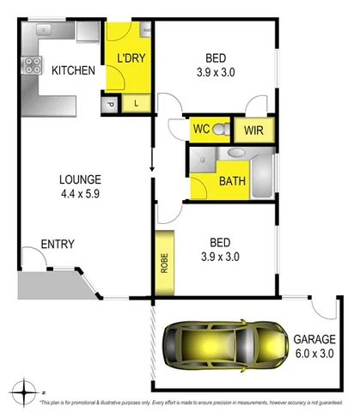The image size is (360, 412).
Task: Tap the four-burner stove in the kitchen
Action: coord(35,64)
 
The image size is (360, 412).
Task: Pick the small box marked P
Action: coord(111,105)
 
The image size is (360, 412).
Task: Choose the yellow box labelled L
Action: coord(137,104)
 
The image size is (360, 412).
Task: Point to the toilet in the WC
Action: coord(221,130)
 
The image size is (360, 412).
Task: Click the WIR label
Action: coord(253,130)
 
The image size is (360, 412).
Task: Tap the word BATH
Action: coord(232,181)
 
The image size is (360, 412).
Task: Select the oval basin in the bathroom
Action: coord(235,154)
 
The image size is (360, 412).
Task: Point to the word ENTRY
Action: coord(57,245)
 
